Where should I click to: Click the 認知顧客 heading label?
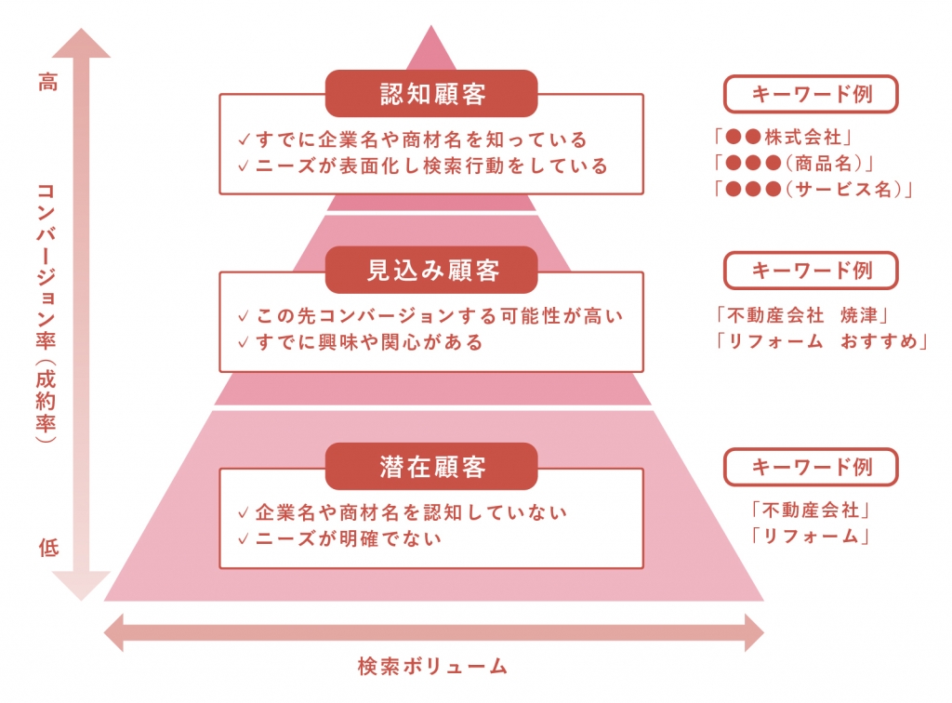coord(431,94)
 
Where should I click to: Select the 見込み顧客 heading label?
coord(431,271)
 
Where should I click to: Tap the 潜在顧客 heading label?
coord(431,467)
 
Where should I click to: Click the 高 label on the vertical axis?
coord(47,83)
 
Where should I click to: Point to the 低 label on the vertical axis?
coord(47,548)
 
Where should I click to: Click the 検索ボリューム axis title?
coord(433,666)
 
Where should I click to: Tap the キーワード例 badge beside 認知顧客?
coord(811,94)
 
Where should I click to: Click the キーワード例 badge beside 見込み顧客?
coord(811,271)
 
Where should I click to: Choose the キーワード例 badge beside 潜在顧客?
coord(811,467)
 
